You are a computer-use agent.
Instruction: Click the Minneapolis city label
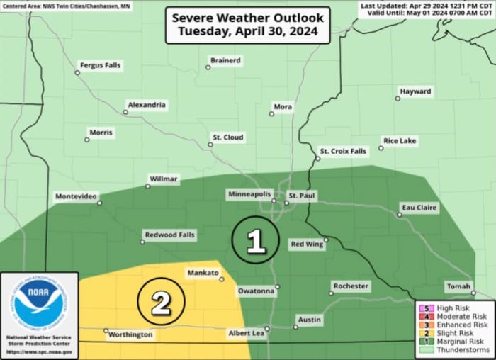(x=249, y=193)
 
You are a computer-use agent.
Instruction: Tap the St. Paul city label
(x=301, y=195)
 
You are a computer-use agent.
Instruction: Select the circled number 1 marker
(x=255, y=242)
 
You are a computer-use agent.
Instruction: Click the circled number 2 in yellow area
(x=161, y=304)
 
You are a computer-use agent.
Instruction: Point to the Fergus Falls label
(x=101, y=65)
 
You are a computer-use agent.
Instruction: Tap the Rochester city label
(x=351, y=286)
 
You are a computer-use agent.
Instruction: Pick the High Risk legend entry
(x=453, y=308)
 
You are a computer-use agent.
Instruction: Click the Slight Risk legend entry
(x=453, y=333)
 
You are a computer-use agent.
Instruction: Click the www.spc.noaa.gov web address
(x=38, y=351)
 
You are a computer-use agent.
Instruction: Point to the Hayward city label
(x=415, y=92)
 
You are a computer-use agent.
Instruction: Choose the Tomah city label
(x=458, y=286)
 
